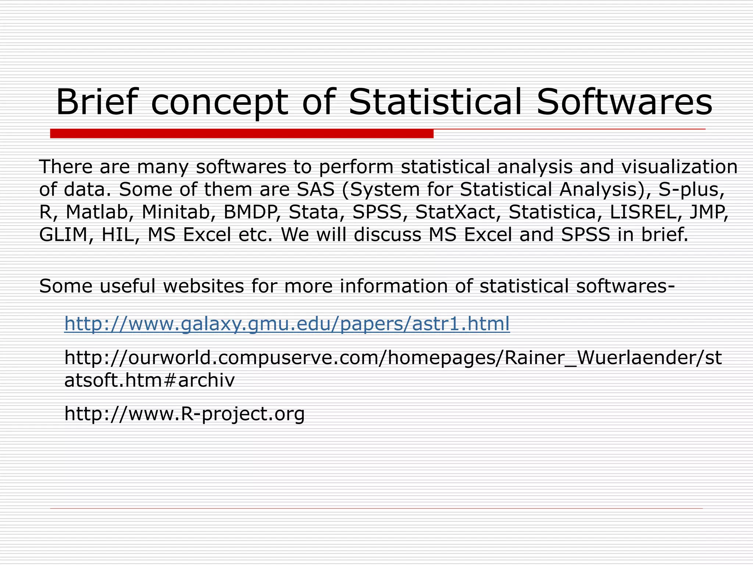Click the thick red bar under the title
242,134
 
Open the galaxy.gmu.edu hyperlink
287,324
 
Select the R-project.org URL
184,414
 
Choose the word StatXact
455,212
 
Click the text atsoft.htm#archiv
149,380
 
